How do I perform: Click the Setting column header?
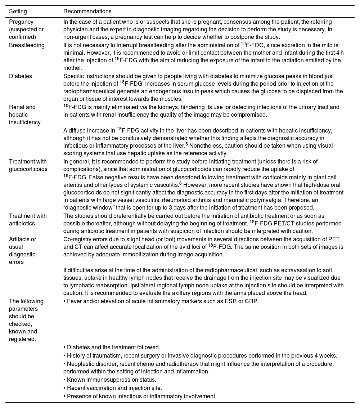click(18, 12)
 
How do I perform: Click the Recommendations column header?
click(87, 12)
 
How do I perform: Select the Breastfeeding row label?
click(27, 45)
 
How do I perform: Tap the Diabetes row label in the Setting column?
click(21, 76)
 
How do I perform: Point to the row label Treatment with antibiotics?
click(28, 220)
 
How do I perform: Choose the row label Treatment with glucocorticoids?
click(28, 165)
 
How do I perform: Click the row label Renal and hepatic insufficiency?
click(25, 115)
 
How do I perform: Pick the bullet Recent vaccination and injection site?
click(114, 388)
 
